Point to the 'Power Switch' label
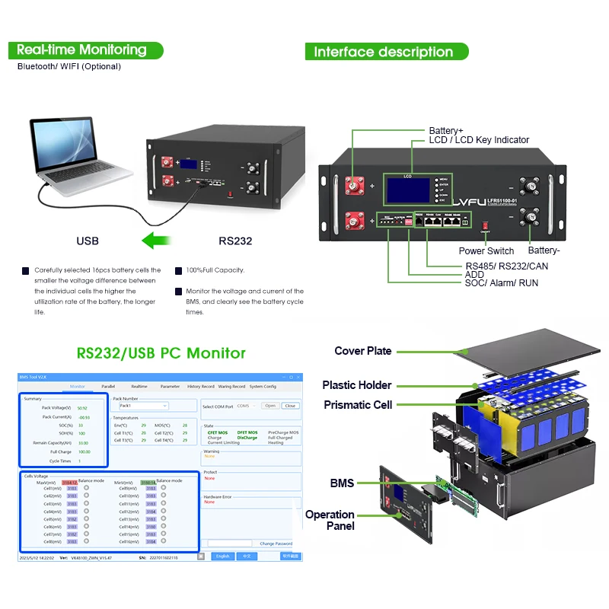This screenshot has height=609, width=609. point(486,251)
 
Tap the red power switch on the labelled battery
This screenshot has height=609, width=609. point(484,226)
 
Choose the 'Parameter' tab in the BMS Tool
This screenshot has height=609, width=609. point(170,387)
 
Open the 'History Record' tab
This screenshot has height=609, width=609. point(201,387)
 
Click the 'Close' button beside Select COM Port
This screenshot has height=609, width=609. point(289,406)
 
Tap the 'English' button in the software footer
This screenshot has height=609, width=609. point(222,556)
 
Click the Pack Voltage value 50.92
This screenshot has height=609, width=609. point(82,408)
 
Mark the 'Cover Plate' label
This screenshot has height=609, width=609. point(362,351)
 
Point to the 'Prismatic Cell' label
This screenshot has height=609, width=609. point(357,405)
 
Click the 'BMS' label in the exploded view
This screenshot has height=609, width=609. point(342,483)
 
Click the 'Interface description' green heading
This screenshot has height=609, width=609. point(384,52)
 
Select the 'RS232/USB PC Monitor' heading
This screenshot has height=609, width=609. point(161,353)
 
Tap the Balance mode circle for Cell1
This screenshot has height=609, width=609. point(86,488)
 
